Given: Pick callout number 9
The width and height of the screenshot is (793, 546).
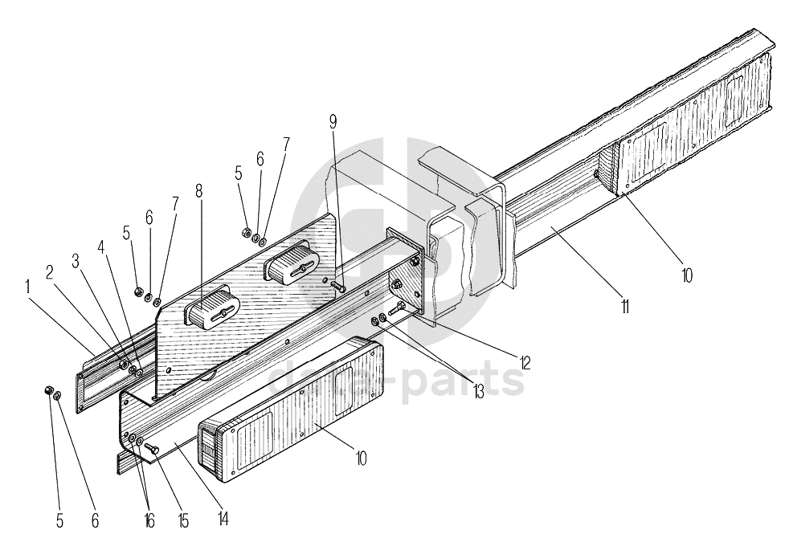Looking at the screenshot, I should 333,121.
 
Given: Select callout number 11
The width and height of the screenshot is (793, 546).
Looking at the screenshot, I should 625,305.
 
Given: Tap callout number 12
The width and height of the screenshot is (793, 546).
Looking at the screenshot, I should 525,362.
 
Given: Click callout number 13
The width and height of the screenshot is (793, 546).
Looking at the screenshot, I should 479,391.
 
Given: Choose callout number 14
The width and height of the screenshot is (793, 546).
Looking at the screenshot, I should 222,520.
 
